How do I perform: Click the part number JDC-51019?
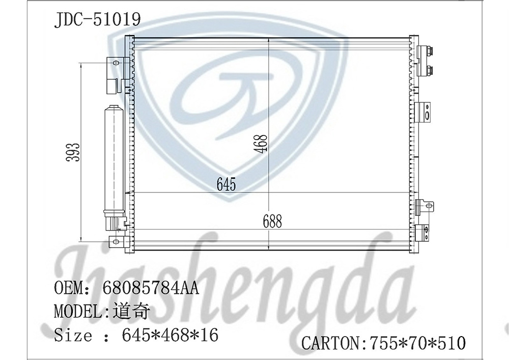pyautogui.click(x=97, y=19)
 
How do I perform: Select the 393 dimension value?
pyautogui.click(x=73, y=152)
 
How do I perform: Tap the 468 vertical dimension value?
pyautogui.click(x=261, y=144)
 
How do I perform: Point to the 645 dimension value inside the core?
pyautogui.click(x=227, y=184)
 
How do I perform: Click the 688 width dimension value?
pyautogui.click(x=272, y=221)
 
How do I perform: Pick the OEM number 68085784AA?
pyautogui.click(x=150, y=287)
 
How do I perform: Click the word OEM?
pyautogui.click(x=69, y=287)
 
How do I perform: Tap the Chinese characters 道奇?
pyautogui.click(x=131, y=311)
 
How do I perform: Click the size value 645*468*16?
pyautogui.click(x=170, y=335)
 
